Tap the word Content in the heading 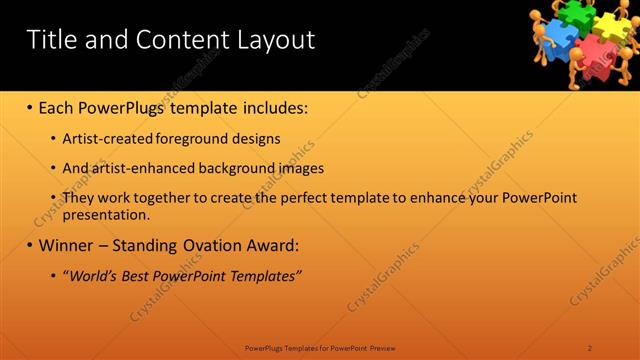[178, 40]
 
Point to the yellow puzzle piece [609, 23]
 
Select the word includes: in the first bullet [270, 107]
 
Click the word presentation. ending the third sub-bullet [106, 214]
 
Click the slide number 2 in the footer [590, 348]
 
